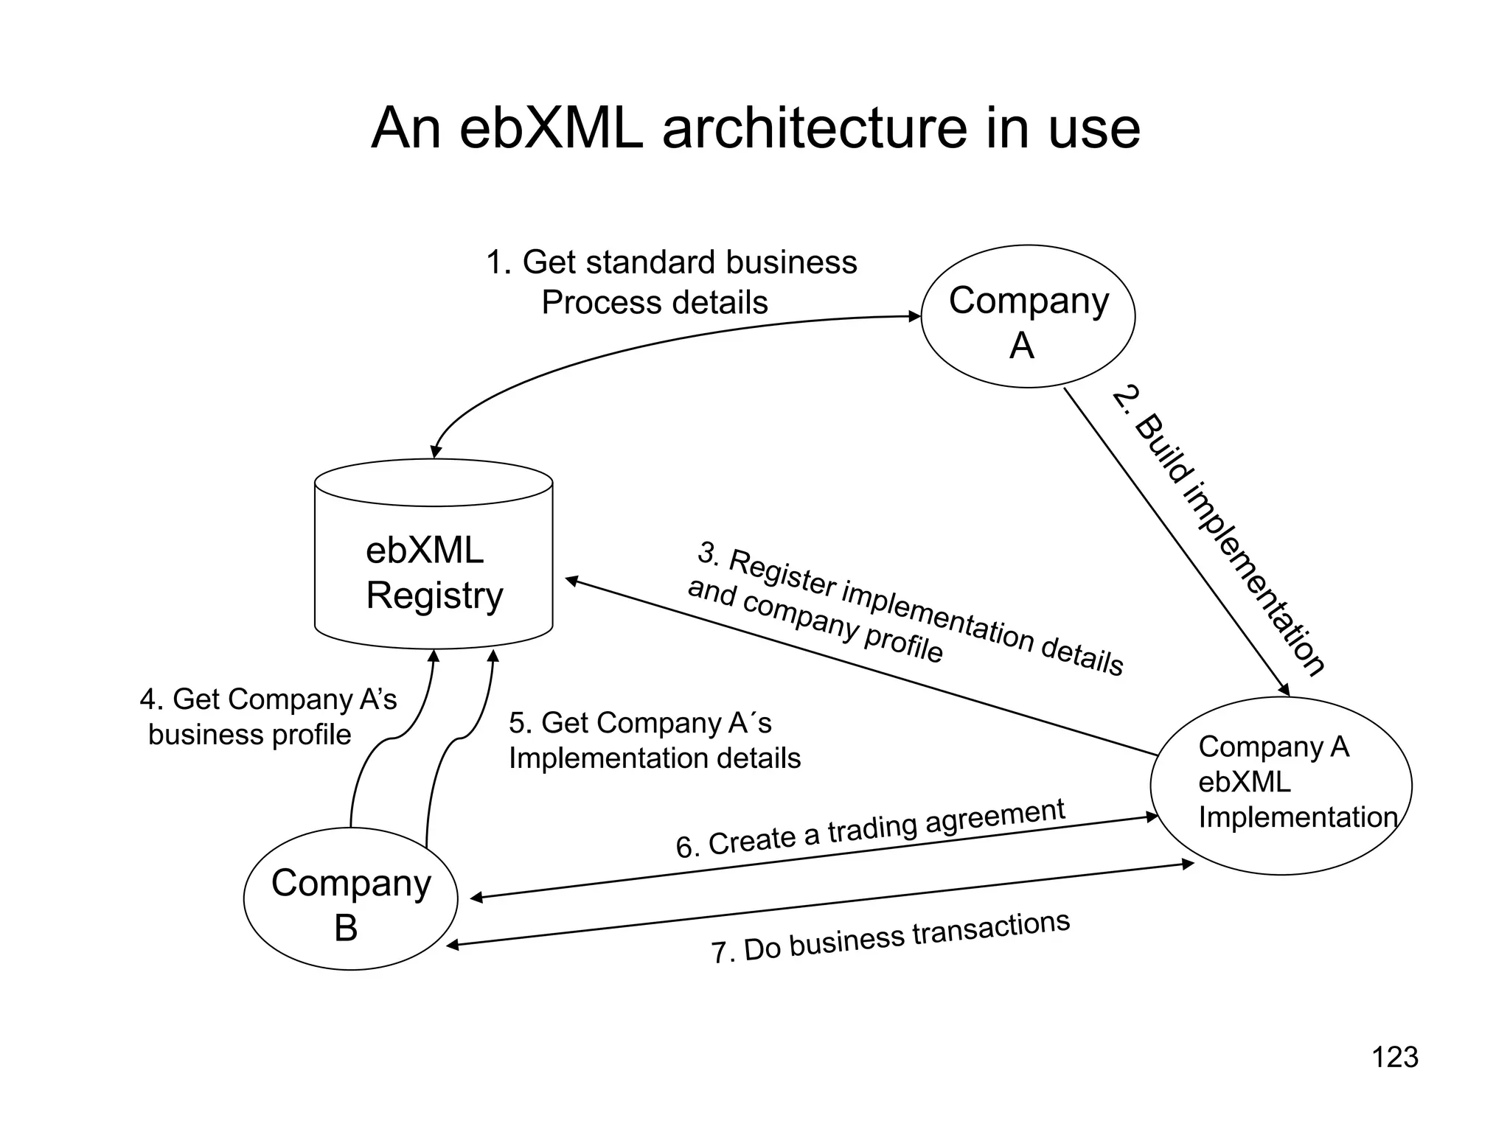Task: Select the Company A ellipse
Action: click(1028, 317)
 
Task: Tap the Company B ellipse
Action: click(350, 899)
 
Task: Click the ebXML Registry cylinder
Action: click(434, 560)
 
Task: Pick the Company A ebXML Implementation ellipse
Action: click(1281, 786)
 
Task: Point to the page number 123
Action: click(1394, 1057)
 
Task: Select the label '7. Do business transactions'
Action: click(890, 937)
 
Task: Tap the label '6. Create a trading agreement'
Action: click(870, 828)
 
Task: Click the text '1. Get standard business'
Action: click(671, 262)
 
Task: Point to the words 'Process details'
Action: click(655, 303)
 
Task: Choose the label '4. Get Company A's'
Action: click(268, 699)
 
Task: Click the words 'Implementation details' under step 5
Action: click(655, 758)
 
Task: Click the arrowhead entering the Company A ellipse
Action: click(915, 317)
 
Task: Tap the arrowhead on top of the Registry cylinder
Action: click(436, 451)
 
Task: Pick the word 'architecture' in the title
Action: click(814, 128)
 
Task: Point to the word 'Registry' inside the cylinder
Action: click(435, 595)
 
